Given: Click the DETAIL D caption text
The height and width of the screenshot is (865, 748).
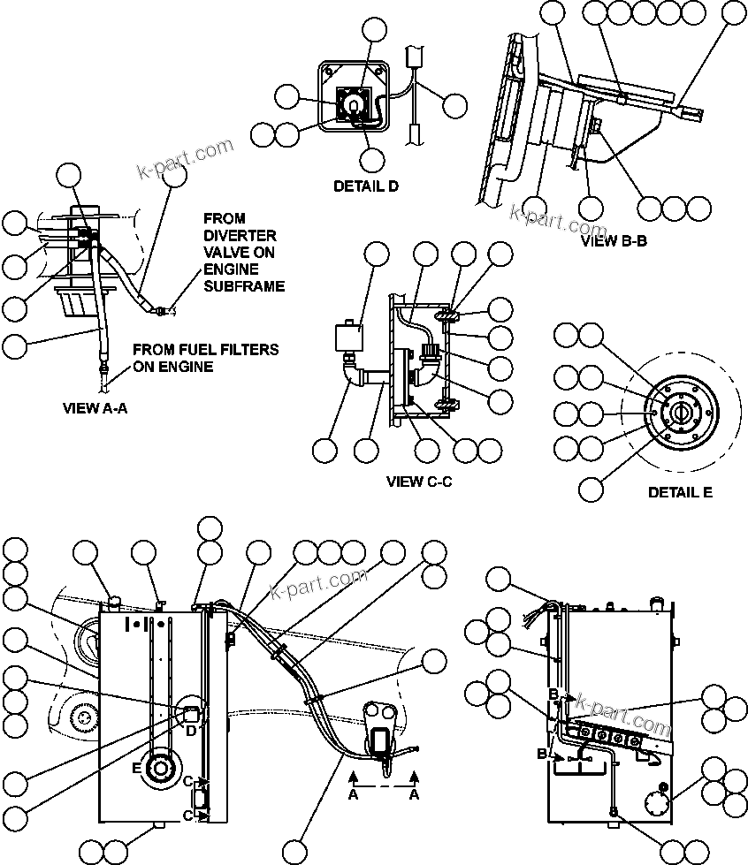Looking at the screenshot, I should (x=365, y=186).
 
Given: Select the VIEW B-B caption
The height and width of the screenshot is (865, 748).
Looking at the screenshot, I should (x=614, y=239).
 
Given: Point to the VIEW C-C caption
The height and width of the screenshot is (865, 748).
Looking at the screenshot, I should (x=419, y=482).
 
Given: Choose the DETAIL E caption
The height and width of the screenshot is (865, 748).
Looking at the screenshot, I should (x=679, y=492).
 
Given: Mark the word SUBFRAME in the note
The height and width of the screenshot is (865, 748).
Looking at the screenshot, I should (x=244, y=286).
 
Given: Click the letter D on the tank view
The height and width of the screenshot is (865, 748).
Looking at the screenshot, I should (x=190, y=729).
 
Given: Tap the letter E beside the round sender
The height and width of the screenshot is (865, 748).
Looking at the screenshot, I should (x=137, y=768).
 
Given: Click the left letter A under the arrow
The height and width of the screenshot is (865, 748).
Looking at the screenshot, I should (x=353, y=795).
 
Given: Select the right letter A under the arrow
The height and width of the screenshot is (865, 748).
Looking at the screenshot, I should (x=415, y=795).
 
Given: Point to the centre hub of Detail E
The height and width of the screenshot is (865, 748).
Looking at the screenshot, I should (x=680, y=413).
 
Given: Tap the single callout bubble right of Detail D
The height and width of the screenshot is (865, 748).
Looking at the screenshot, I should (x=454, y=106).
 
